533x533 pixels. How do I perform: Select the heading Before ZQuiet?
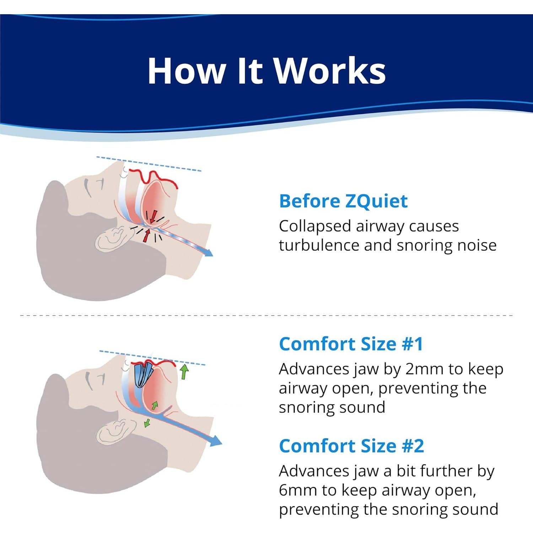coord(343,201)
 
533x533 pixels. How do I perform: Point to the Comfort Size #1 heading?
coord(351,344)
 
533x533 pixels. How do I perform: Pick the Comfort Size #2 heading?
coord(351,446)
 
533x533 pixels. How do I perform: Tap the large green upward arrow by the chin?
coord(184,371)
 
